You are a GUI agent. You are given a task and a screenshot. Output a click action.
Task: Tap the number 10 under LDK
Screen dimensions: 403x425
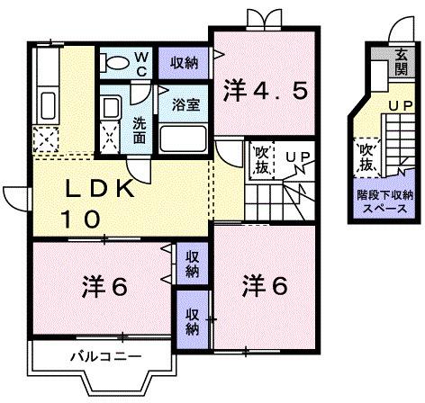79,218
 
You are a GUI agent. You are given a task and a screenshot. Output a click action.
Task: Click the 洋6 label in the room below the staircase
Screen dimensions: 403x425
265,286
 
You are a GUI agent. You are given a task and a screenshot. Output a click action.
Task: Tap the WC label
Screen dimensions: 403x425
142,62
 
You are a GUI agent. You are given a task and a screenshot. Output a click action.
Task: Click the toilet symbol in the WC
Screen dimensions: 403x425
114,64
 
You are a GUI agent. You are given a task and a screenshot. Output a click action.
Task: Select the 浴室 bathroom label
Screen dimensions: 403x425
186,103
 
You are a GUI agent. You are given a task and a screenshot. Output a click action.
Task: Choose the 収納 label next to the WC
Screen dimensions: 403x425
185,62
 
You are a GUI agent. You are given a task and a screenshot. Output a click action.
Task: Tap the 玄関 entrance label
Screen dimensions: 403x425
400,61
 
